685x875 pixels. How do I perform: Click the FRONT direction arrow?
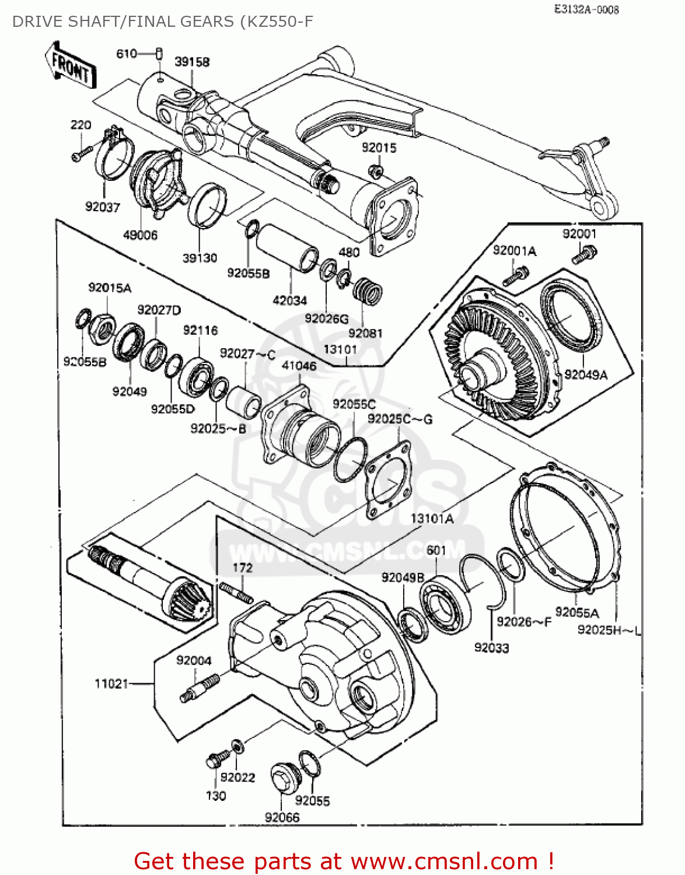click(71, 65)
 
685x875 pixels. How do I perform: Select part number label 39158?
click(192, 62)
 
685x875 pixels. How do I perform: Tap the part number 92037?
click(102, 207)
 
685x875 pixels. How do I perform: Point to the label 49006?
click(140, 235)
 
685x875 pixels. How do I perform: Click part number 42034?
click(290, 300)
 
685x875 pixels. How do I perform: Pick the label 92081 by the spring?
click(365, 333)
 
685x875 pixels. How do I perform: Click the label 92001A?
click(514, 251)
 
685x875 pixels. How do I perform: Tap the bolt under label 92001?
click(584, 254)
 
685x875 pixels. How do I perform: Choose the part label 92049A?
click(586, 374)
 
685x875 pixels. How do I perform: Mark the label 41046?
click(299, 366)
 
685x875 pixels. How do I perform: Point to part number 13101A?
click(432, 519)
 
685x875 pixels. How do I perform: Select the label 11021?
click(111, 683)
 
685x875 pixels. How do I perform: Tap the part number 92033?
click(491, 647)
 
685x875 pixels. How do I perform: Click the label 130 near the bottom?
click(216, 796)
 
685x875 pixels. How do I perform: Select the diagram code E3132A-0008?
click(586, 9)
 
